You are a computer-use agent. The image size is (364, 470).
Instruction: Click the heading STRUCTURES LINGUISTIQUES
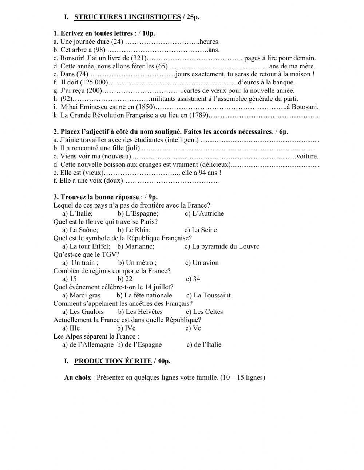[x=127, y=17]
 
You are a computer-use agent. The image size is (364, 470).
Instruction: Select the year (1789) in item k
[x=199, y=115]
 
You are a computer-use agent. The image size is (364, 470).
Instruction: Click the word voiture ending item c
[x=307, y=157]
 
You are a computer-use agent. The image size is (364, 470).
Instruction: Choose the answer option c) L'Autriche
[x=204, y=214]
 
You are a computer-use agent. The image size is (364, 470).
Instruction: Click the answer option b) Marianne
[x=136, y=246]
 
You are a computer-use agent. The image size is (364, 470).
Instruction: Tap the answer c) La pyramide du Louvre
[x=222, y=246]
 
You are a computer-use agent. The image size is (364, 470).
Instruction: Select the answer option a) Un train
[x=80, y=263]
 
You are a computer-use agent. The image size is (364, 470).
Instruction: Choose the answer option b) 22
[x=125, y=279]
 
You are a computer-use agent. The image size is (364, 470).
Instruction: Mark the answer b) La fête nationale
[x=144, y=296]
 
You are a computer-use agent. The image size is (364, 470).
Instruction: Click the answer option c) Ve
[x=193, y=328]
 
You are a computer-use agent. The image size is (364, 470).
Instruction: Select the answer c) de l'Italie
[x=204, y=345]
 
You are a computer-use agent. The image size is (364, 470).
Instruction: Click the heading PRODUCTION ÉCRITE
[x=113, y=361]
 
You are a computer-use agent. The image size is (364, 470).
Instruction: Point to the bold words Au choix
[x=78, y=378]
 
